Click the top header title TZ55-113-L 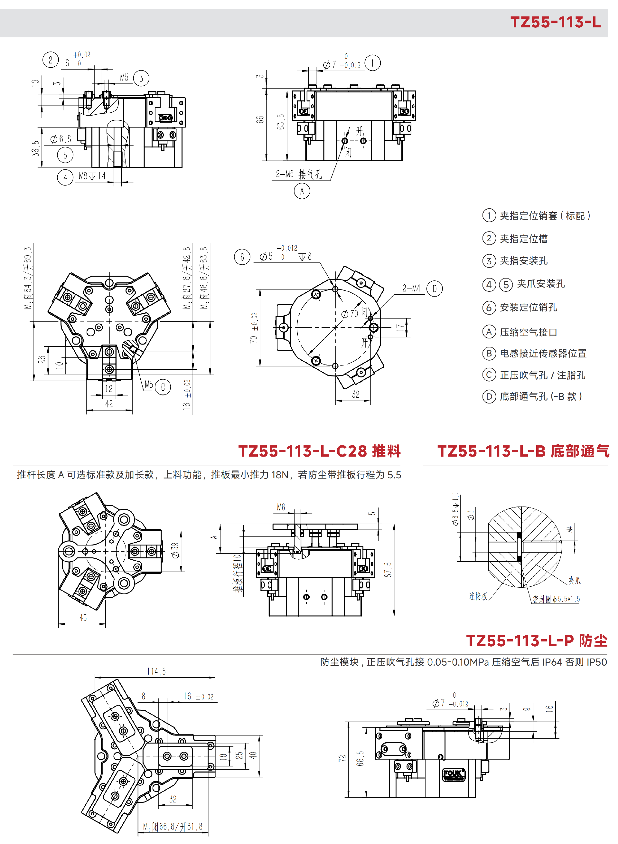coord(556,22)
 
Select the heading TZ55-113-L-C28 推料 coord(320,451)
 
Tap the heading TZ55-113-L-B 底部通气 coord(523,451)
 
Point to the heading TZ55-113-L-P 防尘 coord(537,641)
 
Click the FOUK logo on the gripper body coord(454,775)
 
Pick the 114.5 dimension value coord(156,671)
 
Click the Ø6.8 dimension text coord(61,139)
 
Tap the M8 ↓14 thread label coord(92,176)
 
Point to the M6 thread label coord(281,507)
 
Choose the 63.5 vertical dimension coord(281,122)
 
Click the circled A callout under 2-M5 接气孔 coord(302,191)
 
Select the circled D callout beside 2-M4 coord(434,289)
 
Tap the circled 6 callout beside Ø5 coord(242,257)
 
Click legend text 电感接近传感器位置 coord(543,353)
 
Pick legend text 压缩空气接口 coord(529,332)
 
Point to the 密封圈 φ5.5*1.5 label coord(556,599)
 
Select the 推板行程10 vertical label coord(238,573)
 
